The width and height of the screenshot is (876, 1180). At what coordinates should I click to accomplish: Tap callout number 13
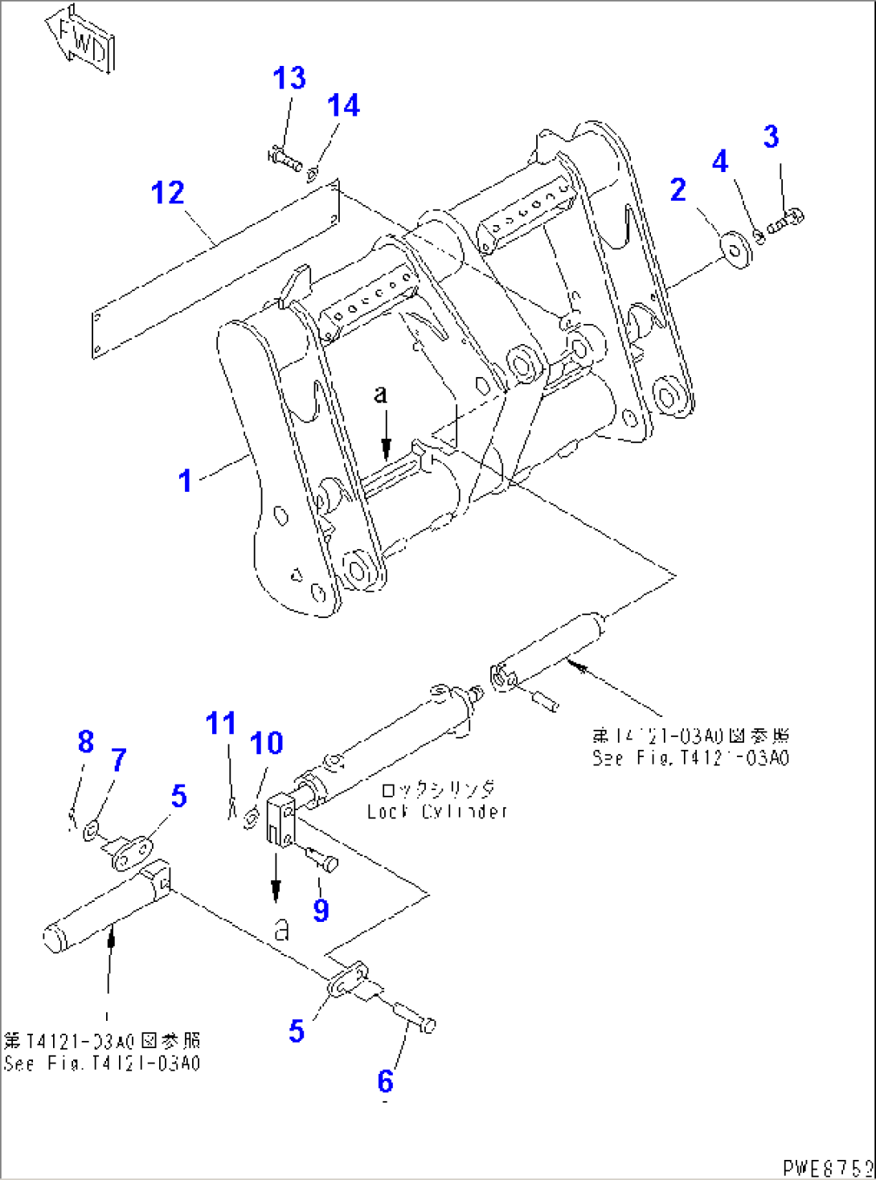click(289, 79)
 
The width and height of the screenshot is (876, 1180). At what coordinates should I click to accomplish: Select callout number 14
click(343, 105)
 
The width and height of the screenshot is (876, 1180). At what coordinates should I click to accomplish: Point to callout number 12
click(168, 193)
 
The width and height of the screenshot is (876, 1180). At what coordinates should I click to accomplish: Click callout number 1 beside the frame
click(186, 481)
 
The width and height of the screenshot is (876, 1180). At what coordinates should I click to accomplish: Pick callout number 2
click(678, 191)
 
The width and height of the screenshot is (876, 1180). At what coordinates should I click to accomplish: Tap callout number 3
click(771, 137)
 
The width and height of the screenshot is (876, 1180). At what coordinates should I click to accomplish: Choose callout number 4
click(720, 162)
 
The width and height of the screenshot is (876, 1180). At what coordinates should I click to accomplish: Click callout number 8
click(86, 741)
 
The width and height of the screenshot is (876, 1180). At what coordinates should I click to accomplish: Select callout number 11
click(221, 723)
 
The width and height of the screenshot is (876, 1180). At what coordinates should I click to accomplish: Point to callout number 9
click(321, 910)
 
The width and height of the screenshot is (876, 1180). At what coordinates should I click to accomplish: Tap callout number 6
click(386, 1081)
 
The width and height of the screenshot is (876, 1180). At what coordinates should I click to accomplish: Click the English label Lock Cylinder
click(437, 812)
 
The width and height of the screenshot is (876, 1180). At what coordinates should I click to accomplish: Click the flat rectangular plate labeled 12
click(215, 270)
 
